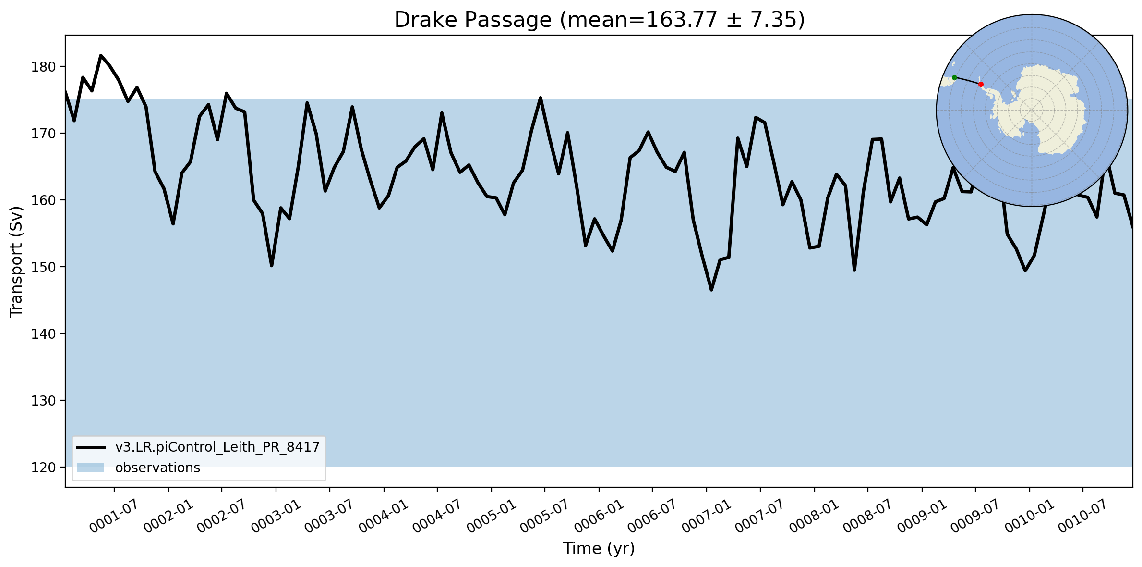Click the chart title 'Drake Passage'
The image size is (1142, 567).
(473, 20)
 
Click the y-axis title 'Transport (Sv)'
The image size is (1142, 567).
(16, 261)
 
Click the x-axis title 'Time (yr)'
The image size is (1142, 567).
(599, 548)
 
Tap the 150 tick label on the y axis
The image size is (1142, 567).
(44, 267)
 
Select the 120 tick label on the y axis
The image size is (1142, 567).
(44, 468)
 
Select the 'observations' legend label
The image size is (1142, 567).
(157, 468)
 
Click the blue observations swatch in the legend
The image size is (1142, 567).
(91, 468)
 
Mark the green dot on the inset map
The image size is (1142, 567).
(954, 77)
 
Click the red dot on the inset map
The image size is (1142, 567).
(981, 84)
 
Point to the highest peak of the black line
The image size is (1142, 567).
(101, 55)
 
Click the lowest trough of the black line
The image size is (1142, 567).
(711, 290)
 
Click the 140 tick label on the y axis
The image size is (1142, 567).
(44, 334)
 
